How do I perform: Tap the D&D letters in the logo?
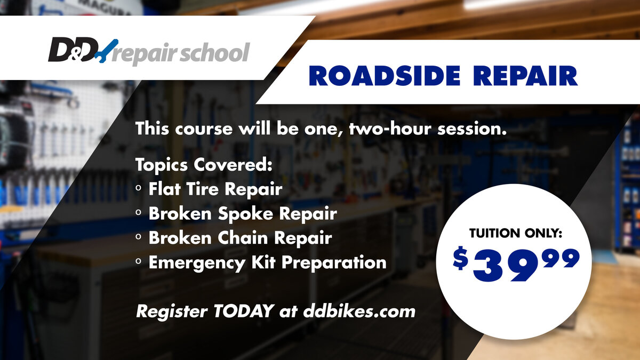click(x=73, y=50)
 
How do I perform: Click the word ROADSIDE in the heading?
click(x=385, y=76)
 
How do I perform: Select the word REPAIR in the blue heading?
click(x=525, y=76)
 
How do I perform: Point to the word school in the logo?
click(x=214, y=53)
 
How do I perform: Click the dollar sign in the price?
click(x=460, y=258)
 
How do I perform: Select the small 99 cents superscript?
click(x=561, y=258)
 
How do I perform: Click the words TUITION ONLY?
click(x=515, y=233)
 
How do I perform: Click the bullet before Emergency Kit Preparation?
click(x=139, y=261)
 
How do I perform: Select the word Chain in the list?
click(x=243, y=238)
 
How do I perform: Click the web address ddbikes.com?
click(x=359, y=311)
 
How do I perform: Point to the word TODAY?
click(x=244, y=311)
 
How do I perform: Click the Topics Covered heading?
click(x=204, y=165)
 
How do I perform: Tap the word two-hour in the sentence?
click(x=390, y=129)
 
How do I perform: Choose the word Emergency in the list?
click(x=197, y=263)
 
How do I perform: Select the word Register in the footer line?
click(x=172, y=311)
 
